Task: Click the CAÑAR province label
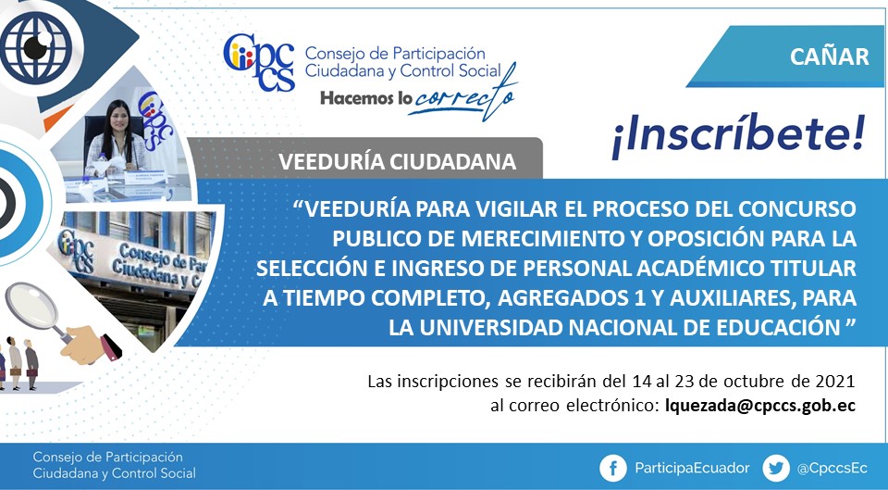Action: (x=829, y=57)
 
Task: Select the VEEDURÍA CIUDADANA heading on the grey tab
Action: (x=397, y=161)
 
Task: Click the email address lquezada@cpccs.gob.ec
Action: (x=760, y=406)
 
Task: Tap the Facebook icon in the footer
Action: (x=613, y=468)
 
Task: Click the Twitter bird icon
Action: (x=776, y=468)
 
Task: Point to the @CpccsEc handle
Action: (x=832, y=469)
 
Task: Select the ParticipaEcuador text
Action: (x=692, y=468)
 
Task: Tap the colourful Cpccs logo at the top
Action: (x=260, y=62)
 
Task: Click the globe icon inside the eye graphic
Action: (x=36, y=47)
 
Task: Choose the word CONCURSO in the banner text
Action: (x=806, y=209)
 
